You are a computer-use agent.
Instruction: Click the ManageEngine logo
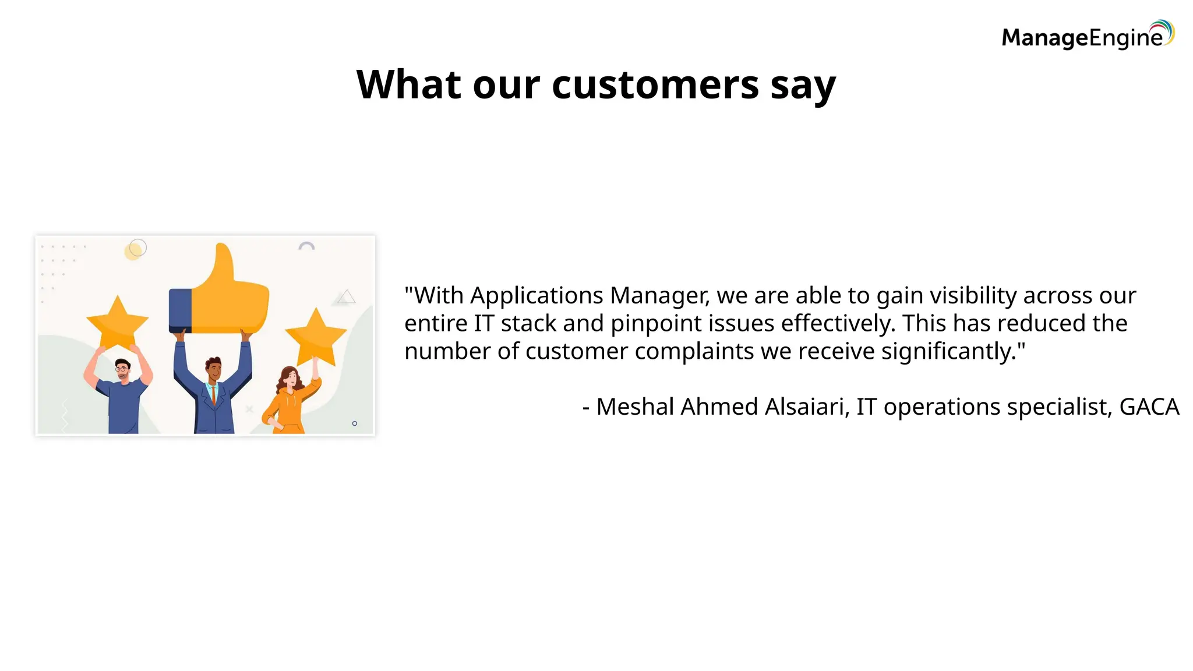coord(1087,36)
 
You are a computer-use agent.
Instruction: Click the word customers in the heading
coord(655,85)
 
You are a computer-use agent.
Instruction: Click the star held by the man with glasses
coord(117,322)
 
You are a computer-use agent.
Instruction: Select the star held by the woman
coord(316,337)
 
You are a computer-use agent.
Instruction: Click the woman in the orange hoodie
coord(288,402)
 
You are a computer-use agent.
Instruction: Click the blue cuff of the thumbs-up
coord(180,310)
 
